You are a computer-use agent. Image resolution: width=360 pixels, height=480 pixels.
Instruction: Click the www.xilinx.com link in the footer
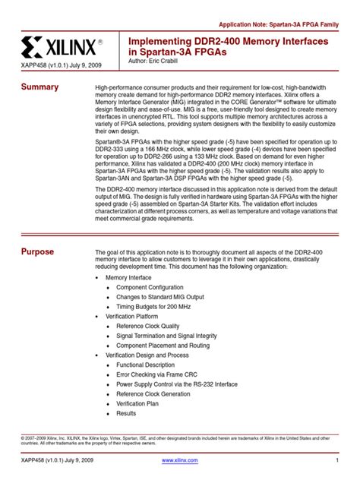point(180,461)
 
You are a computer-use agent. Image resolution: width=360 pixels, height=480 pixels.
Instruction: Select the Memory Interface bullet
point(128,278)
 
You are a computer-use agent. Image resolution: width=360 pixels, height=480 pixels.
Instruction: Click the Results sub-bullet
point(126,413)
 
